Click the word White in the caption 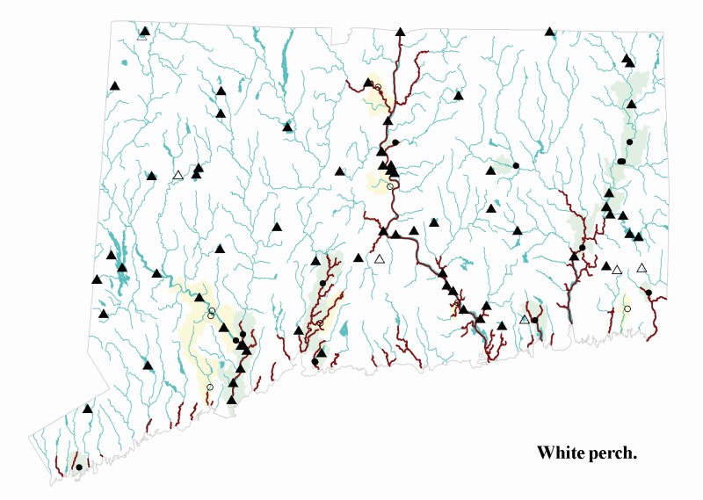[x=562, y=453]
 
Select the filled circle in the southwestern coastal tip [x=78, y=467]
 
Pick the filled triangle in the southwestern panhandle [x=87, y=409]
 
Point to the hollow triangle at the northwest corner [x=142, y=36]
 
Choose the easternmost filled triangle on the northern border [x=549, y=32]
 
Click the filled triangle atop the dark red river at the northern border [x=400, y=32]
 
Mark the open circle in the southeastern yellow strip [x=627, y=308]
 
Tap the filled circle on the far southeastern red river [x=648, y=292]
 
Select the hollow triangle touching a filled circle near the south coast [x=525, y=319]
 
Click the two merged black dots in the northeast [x=621, y=162]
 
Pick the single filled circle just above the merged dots [x=629, y=141]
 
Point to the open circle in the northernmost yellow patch [x=378, y=87]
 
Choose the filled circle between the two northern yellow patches [x=395, y=142]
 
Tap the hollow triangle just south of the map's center [x=380, y=259]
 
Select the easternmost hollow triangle [x=641, y=268]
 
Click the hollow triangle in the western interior [x=178, y=176]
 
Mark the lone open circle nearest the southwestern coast [x=209, y=387]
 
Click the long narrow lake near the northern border [x=285, y=58]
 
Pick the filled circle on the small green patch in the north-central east [x=516, y=165]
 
